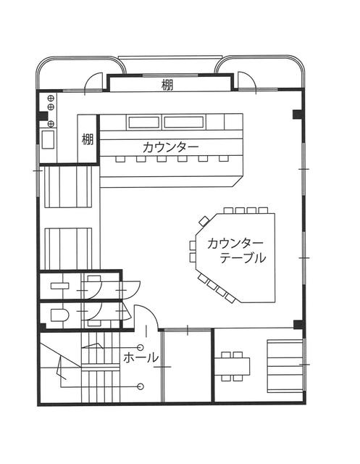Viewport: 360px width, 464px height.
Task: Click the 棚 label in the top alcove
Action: tap(167, 86)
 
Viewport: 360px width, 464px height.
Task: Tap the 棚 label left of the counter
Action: tap(88, 139)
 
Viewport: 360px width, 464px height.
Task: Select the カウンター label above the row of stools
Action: tap(170, 147)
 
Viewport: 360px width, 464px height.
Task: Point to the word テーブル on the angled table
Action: tap(243, 258)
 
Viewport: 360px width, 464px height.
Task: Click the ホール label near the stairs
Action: tap(141, 358)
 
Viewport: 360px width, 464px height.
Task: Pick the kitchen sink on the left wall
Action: tap(48, 139)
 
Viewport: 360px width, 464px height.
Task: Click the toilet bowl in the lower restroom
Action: tap(59, 315)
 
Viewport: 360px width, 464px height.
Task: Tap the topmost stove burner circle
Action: tap(51, 97)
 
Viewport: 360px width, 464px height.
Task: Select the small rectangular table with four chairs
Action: tap(232, 366)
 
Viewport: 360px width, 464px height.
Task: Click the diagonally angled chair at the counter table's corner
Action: tap(204, 220)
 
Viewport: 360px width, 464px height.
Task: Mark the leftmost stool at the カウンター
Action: tap(120, 159)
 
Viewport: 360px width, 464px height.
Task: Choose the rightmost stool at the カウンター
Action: tap(223, 159)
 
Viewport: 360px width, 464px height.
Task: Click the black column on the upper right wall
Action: tap(297, 115)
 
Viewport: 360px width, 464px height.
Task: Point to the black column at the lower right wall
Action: tap(298, 324)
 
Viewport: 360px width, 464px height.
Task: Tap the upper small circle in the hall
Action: tap(141, 347)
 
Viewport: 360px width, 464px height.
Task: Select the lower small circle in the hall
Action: tap(141, 386)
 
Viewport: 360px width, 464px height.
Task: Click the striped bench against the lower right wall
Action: tap(285, 366)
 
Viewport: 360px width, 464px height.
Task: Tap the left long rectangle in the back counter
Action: tap(144, 123)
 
